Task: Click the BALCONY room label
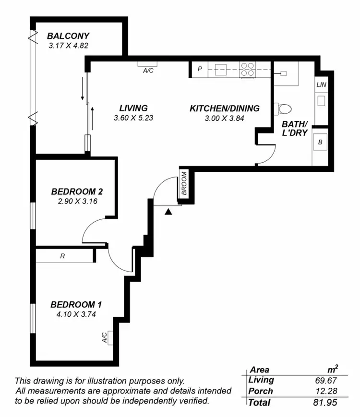point(68,36)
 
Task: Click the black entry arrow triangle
point(168,211)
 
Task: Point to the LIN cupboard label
point(321,85)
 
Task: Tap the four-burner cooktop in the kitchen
point(247,70)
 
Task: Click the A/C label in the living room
point(148,70)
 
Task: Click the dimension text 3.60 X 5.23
point(133,118)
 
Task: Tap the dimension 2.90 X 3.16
point(77,202)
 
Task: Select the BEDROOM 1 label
point(76,305)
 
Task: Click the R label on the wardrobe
point(62,256)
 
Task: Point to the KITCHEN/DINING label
point(225,108)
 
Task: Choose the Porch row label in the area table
point(261,391)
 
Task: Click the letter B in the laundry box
point(321,143)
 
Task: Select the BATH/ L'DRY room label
point(294,129)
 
